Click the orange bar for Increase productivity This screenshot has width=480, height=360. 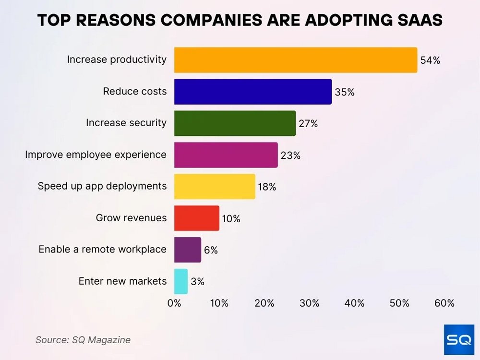(x=295, y=60)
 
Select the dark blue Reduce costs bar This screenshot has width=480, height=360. (x=252, y=92)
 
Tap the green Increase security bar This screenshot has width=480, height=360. (x=235, y=123)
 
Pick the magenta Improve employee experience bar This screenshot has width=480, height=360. (x=226, y=155)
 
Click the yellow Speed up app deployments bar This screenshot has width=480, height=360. (x=215, y=187)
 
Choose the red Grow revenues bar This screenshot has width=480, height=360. (x=196, y=218)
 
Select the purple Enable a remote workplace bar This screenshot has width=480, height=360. (x=187, y=250)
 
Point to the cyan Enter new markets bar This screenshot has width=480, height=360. (x=180, y=281)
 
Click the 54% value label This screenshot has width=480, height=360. (x=430, y=60)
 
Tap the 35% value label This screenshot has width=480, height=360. (x=345, y=92)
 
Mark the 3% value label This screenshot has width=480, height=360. (x=197, y=282)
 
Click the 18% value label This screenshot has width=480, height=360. (x=267, y=187)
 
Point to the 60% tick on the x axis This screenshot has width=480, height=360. (x=444, y=303)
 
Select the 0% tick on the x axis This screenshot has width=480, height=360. (x=174, y=303)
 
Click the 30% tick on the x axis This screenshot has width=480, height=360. (x=309, y=303)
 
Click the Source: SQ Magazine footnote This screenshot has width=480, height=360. (x=83, y=340)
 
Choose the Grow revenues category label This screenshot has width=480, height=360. (x=131, y=218)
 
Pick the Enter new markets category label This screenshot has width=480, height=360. (x=122, y=281)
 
